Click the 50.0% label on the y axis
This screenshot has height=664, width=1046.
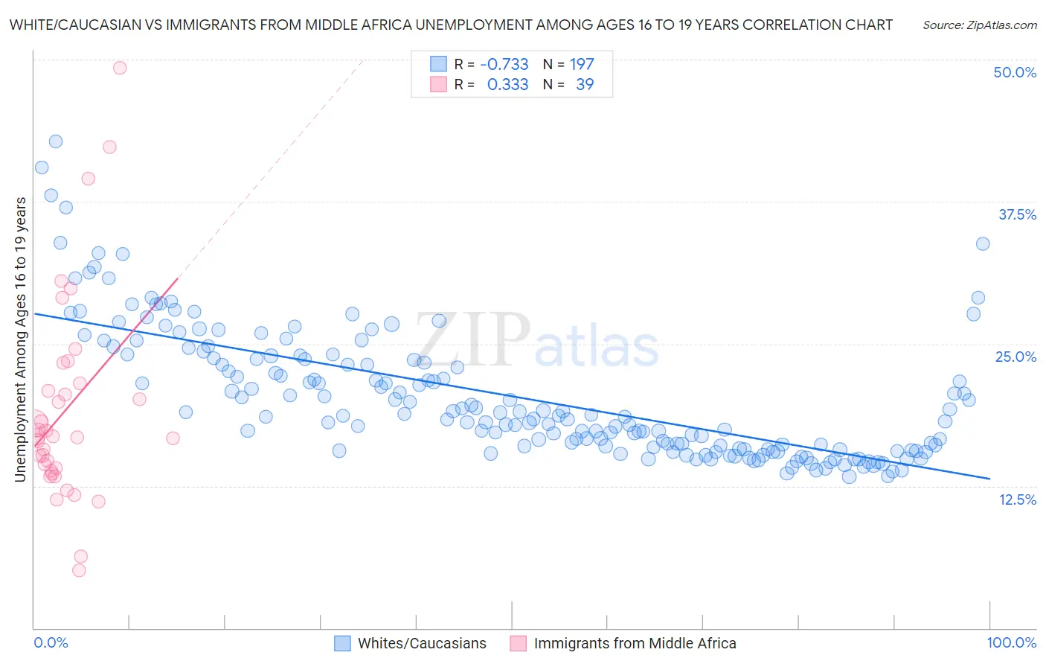pyautogui.click(x=1014, y=72)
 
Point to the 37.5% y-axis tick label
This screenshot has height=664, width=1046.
pyautogui.click(x=1016, y=214)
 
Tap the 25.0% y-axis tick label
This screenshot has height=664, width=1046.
pyautogui.click(x=1015, y=357)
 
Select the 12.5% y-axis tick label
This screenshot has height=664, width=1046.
pyautogui.click(x=1016, y=499)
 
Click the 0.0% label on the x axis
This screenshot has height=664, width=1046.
pyautogui.click(x=51, y=642)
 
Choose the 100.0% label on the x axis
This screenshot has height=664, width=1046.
pyautogui.click(x=1011, y=642)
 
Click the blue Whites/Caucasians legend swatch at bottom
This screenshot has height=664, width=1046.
pyautogui.click(x=342, y=643)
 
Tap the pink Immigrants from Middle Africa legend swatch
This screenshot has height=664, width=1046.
pyautogui.click(x=518, y=643)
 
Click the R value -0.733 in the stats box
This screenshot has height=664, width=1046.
pyautogui.click(x=504, y=65)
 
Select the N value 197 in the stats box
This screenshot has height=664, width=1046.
pyautogui.click(x=582, y=65)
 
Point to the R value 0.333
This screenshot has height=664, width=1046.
pyautogui.click(x=507, y=85)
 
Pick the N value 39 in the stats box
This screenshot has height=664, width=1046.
pyautogui.click(x=585, y=85)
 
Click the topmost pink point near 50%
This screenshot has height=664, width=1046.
pyautogui.click(x=120, y=68)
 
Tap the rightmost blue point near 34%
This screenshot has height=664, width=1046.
pyautogui.click(x=983, y=243)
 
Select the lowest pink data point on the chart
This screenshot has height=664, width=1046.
pyautogui.click(x=79, y=570)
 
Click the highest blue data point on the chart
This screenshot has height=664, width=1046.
pyautogui.click(x=56, y=141)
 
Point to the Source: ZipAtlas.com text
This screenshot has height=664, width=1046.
pyautogui.click(x=979, y=25)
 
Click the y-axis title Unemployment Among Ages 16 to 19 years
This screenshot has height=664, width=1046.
pyautogui.click(x=21, y=339)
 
